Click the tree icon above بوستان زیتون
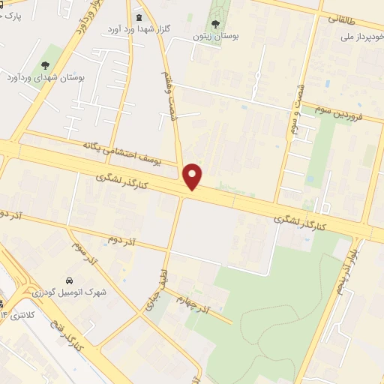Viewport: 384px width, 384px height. point(215,23)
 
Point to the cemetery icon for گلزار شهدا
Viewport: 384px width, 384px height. point(137,17)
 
